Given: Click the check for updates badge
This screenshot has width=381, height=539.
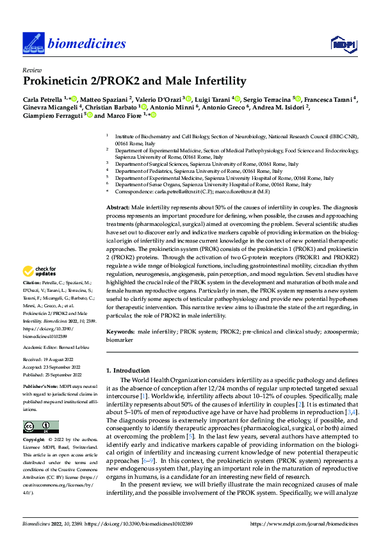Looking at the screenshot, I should click(40, 289).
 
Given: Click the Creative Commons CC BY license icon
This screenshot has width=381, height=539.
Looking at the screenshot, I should click(40, 427).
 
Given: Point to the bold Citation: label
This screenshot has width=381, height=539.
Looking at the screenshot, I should click(33, 300).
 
